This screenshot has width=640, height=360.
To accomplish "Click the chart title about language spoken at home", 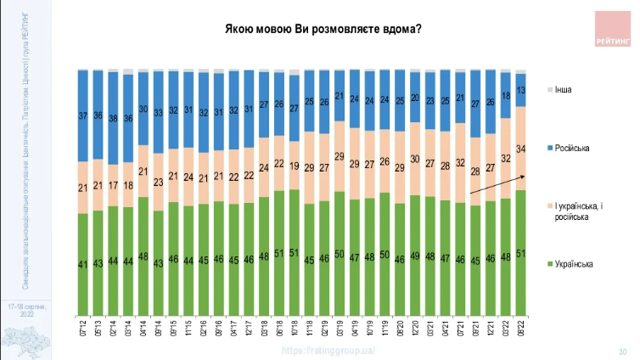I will [x=323, y=30].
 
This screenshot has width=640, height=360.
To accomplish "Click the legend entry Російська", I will [x=573, y=149].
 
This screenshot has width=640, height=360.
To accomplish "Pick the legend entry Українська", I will [x=575, y=264].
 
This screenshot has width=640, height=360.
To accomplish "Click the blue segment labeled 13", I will [x=520, y=90].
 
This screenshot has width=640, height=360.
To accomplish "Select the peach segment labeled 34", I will [x=520, y=149].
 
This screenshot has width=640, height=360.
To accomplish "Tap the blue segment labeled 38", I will [x=113, y=118].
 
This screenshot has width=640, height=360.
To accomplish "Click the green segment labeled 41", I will [x=82, y=264].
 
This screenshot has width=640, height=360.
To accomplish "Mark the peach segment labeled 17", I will [x=113, y=185].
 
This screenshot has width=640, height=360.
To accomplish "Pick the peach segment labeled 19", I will [x=294, y=166].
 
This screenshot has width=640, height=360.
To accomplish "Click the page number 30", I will [x=621, y=351].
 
